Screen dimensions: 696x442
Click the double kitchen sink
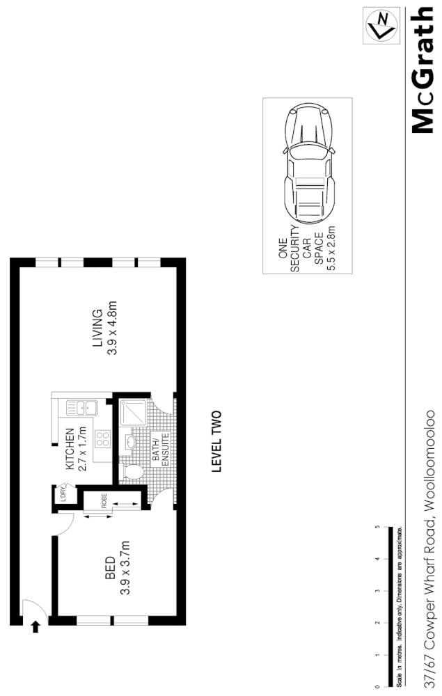[76, 409]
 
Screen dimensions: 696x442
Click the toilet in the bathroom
[132, 473]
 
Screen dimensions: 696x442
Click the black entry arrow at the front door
[35, 628]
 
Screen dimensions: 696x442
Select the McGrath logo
[424, 70]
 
